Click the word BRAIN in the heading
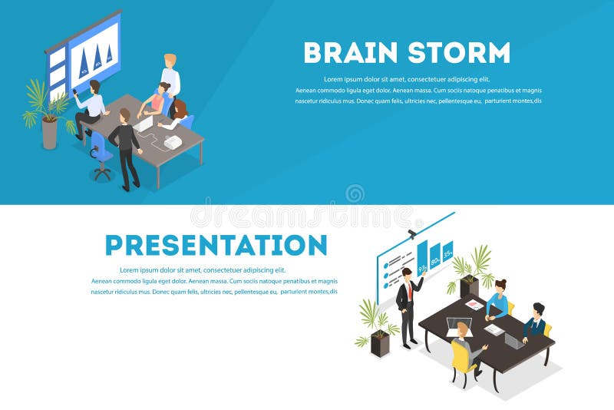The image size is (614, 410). tap(349, 53)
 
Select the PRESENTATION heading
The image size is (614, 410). tap(216, 245)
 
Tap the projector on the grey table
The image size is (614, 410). tap(173, 142)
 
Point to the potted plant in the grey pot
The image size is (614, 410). tap(46, 111)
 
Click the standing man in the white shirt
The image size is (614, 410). tap(170, 77)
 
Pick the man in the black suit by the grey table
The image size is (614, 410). tap(125, 146)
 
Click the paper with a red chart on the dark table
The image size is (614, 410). tap(476, 305)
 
